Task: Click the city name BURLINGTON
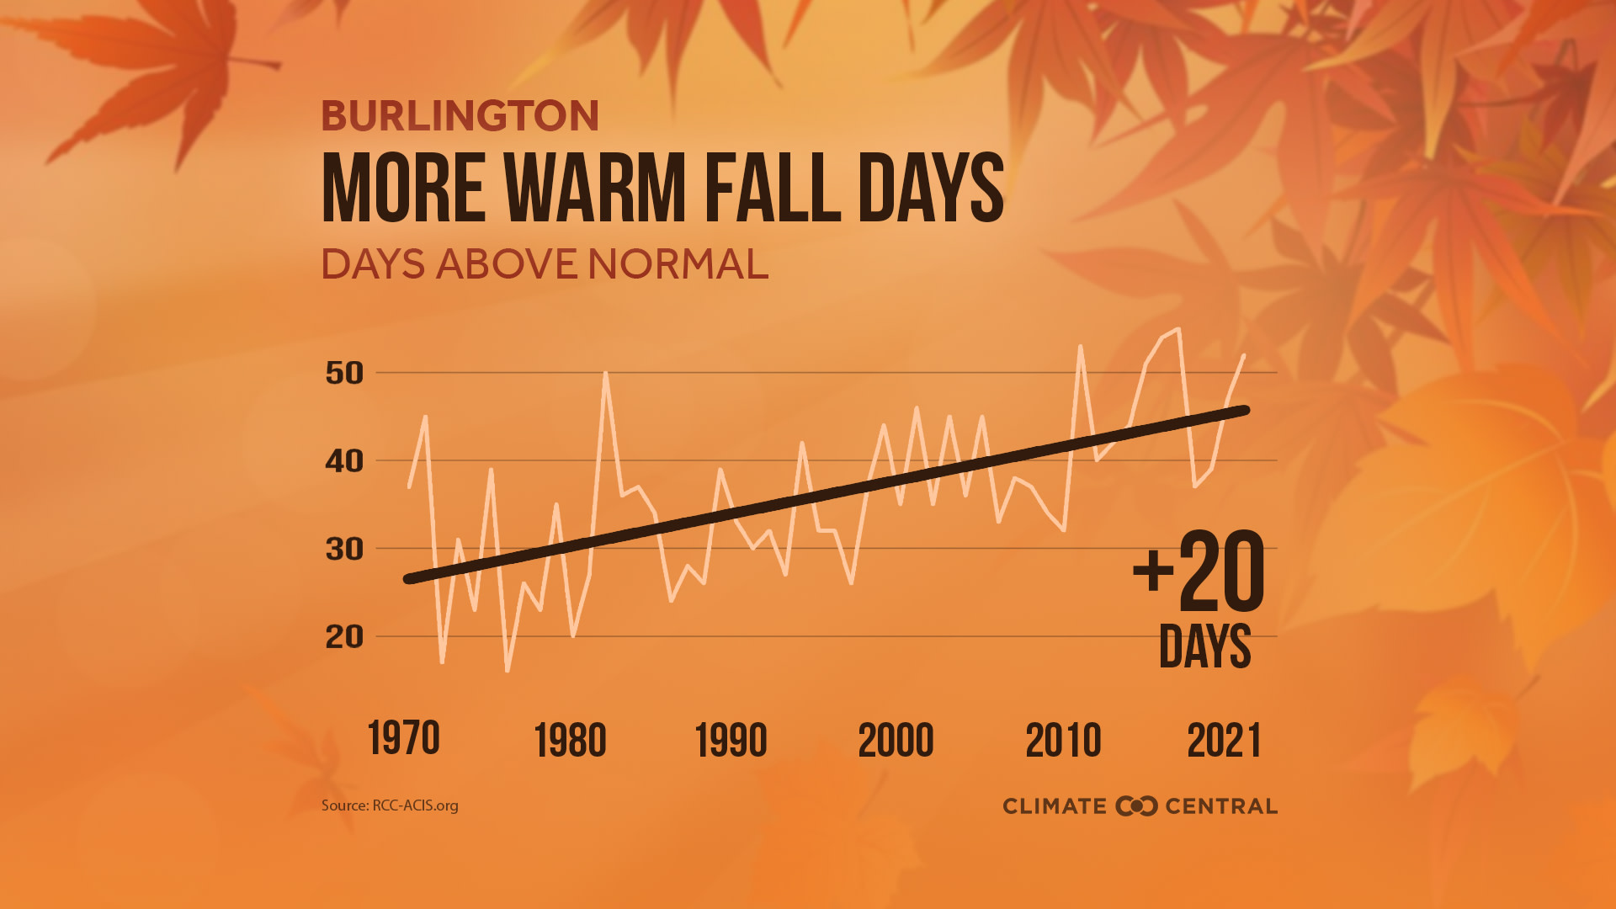click(x=460, y=116)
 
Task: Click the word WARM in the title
click(x=597, y=189)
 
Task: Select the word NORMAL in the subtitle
click(x=678, y=264)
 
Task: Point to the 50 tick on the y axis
click(x=344, y=373)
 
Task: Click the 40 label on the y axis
click(x=344, y=461)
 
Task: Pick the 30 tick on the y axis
click(x=344, y=550)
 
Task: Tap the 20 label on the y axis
click(x=344, y=637)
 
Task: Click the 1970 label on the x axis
click(x=403, y=739)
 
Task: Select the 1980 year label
click(x=570, y=741)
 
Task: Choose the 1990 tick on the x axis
click(x=731, y=741)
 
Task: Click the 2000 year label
click(x=896, y=741)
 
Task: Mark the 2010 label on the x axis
click(x=1063, y=741)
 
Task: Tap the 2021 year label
click(x=1224, y=741)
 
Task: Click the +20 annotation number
click(x=1199, y=572)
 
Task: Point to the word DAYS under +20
click(x=1204, y=646)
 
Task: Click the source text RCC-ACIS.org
click(x=415, y=805)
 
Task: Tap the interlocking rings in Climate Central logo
click(x=1136, y=806)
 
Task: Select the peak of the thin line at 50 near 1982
click(x=605, y=373)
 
